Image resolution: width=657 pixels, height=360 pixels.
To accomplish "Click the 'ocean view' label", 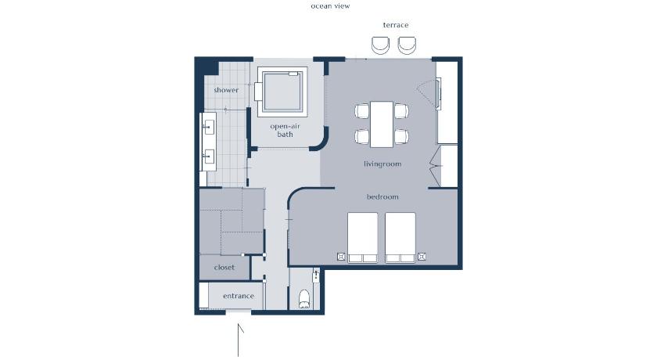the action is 330,5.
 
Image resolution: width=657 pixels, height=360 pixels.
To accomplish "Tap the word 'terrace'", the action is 396,25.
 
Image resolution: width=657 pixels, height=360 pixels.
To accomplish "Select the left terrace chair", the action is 380,45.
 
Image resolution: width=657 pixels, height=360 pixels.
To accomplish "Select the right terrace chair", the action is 407,45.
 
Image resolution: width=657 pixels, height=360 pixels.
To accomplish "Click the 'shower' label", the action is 226,90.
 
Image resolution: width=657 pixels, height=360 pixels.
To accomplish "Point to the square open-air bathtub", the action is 282,92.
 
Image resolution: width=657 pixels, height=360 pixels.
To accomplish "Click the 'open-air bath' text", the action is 285,131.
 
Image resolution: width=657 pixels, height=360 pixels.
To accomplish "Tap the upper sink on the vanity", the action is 208,127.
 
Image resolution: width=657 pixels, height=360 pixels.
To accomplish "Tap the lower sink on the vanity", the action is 208,157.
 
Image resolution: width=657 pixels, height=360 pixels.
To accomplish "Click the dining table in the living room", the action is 382,124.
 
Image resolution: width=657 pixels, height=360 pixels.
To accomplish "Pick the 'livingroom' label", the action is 382,164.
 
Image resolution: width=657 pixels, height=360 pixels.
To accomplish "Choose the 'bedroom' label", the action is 382,196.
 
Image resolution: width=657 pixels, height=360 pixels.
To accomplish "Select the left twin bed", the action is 362,238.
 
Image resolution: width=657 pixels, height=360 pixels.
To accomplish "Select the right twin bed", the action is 400,238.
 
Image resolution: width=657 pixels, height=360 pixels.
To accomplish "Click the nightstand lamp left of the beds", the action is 341,256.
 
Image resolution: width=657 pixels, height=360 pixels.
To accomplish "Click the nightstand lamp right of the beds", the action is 422,256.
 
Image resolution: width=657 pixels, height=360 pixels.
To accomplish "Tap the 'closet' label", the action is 224,268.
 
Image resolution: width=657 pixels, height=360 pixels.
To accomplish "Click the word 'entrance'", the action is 239,296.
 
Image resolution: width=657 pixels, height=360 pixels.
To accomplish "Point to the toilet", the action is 304,299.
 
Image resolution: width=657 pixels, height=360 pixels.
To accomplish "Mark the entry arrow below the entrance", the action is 239,340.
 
